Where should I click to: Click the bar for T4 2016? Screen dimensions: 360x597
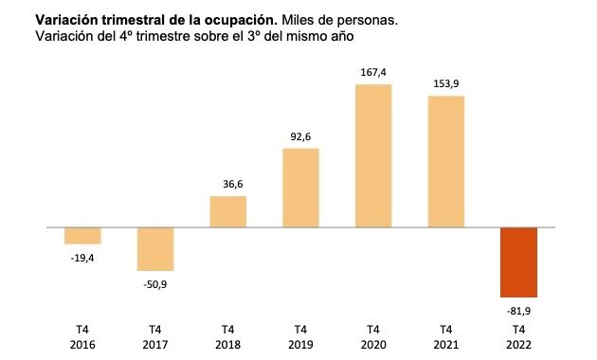pos(82,236)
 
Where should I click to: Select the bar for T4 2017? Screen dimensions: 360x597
pos(155,249)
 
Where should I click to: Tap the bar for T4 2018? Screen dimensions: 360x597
pos(227,212)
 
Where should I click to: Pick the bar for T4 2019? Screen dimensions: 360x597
pos(300,189)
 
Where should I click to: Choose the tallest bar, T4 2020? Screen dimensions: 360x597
pos(373,156)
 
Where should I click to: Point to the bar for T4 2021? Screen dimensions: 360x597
pos(445,162)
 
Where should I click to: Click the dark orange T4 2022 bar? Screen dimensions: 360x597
pos(518,262)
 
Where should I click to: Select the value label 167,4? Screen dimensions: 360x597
pos(373,72)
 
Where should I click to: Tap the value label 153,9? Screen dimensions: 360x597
pos(445,83)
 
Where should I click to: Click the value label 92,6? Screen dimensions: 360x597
pos(300,136)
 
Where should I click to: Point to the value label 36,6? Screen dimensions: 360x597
pos(227,184)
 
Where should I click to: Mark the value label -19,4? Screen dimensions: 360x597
pos(82,258)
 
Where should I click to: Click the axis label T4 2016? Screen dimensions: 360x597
pos(82,335)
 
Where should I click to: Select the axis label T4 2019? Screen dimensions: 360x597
pos(300,335)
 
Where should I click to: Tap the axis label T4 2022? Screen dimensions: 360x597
pos(518,335)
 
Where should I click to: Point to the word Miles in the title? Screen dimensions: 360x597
pos(298,19)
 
